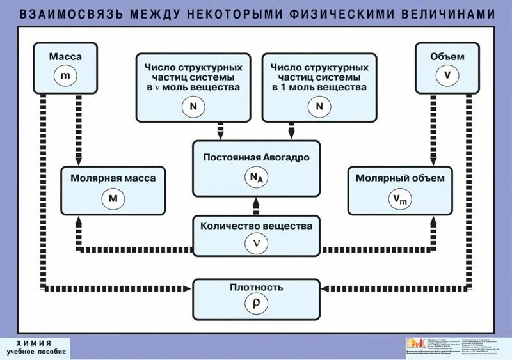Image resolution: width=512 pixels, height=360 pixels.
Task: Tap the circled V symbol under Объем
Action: (447, 75)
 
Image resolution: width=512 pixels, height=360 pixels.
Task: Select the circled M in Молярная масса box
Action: (113, 198)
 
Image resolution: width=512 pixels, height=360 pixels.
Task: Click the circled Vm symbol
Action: (401, 199)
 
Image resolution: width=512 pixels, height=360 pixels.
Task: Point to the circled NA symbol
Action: (256, 180)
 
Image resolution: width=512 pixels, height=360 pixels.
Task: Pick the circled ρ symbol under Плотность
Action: (256, 304)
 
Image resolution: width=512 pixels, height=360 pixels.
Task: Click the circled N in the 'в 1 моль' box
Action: (319, 107)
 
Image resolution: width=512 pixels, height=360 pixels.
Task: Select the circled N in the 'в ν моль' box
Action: (193, 107)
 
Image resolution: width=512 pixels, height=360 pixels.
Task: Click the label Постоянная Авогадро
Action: (256, 157)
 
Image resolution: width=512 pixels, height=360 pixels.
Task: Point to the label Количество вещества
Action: (256, 226)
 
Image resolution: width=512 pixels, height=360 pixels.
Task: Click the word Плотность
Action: (256, 287)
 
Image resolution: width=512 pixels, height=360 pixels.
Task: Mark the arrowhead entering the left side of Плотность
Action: (189, 289)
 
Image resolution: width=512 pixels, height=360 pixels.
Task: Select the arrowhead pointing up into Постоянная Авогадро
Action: (256, 199)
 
